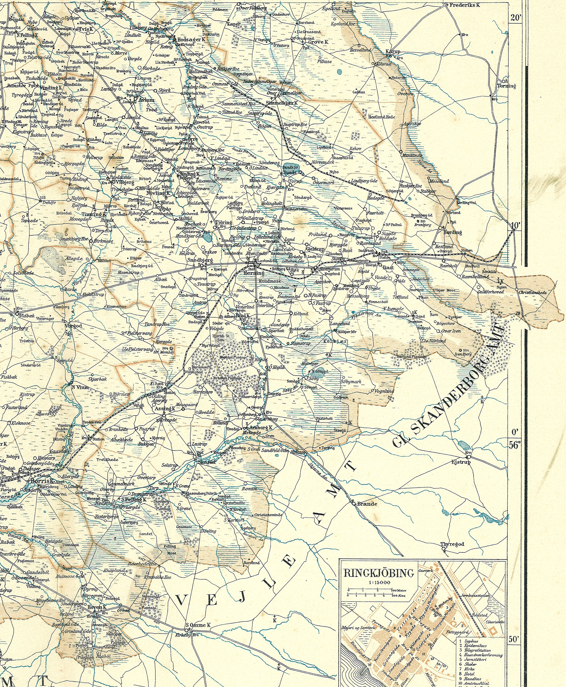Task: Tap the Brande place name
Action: click(x=367, y=504)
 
